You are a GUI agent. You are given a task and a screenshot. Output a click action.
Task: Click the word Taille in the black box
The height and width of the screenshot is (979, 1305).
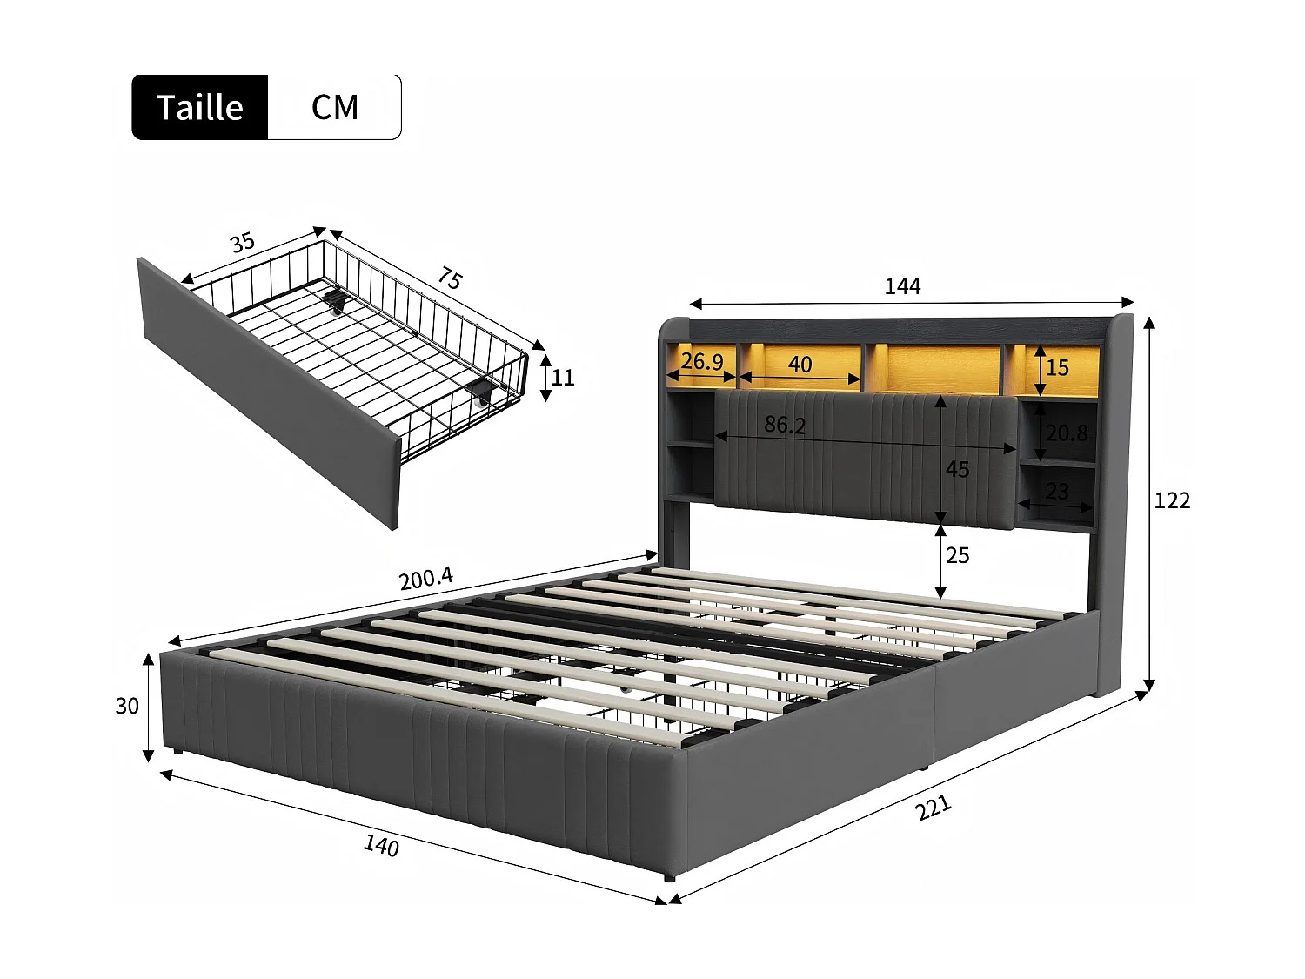(x=200, y=108)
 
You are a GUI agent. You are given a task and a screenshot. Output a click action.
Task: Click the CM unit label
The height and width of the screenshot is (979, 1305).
(x=335, y=108)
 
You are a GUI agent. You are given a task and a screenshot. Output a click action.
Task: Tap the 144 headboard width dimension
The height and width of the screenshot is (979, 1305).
(x=902, y=286)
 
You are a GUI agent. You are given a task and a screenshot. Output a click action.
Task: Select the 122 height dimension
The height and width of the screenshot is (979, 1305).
(x=1172, y=501)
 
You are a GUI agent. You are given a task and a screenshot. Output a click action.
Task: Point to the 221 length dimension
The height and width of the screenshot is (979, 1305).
(x=934, y=808)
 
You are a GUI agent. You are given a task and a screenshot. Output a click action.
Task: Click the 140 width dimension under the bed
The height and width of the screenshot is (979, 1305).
(x=381, y=845)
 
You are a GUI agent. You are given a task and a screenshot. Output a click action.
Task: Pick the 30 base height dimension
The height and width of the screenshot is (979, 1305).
(x=127, y=706)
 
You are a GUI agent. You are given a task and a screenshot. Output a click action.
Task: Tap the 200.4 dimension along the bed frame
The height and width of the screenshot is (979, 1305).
(x=425, y=578)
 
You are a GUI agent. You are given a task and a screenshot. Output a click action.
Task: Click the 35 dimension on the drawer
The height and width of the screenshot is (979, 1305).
(x=242, y=243)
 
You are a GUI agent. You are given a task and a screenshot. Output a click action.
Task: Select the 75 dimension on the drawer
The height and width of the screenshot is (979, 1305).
(x=450, y=278)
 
